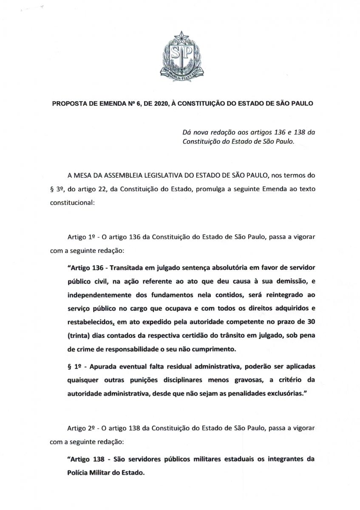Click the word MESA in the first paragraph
pyautogui.click(x=80, y=174)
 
